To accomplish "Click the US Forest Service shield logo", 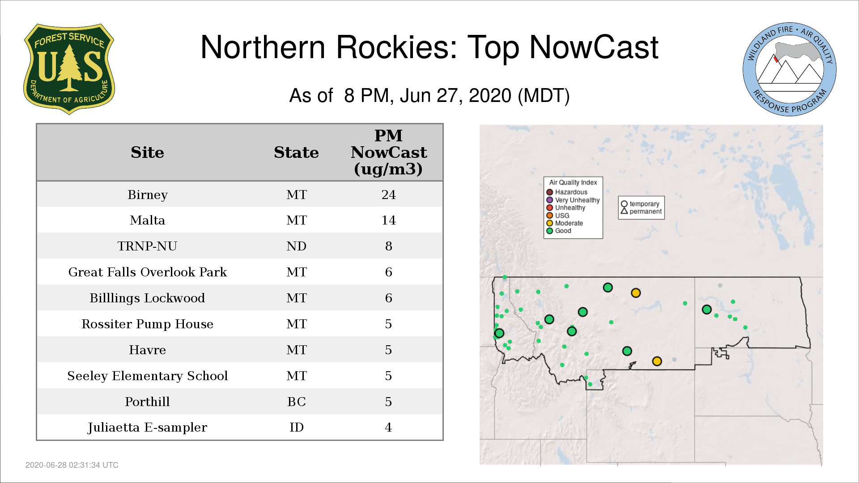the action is click(x=69, y=69).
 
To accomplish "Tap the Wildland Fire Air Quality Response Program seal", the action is click(x=790, y=69).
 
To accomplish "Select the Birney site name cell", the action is click(x=148, y=195).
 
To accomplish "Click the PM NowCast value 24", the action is click(x=388, y=195).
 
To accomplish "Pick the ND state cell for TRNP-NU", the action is click(x=296, y=246).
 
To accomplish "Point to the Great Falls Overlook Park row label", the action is click(x=148, y=272).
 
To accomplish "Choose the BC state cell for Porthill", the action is click(x=296, y=402).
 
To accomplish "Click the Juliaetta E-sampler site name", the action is click(x=148, y=428).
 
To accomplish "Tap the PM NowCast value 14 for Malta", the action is click(x=388, y=220).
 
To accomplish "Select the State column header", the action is click(x=296, y=153).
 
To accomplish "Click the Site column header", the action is click(x=148, y=153).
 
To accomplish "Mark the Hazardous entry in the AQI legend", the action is click(x=567, y=192).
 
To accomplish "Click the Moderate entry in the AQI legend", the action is click(x=565, y=223).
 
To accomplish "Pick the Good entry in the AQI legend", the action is click(x=559, y=231).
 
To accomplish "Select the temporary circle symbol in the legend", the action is click(x=624, y=204).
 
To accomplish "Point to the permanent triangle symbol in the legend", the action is click(x=624, y=211).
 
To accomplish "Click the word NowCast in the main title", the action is click(x=594, y=47).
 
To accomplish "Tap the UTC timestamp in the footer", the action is click(x=72, y=465).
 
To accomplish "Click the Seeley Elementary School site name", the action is click(x=148, y=376).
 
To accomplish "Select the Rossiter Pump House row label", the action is click(x=148, y=324).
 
